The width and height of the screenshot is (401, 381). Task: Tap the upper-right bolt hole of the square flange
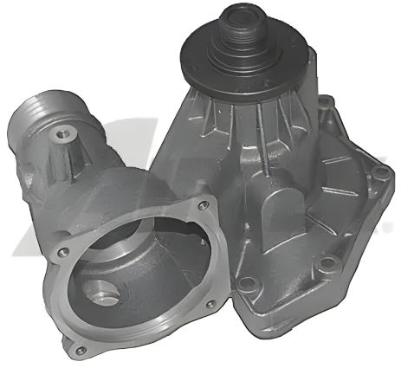click(x=204, y=205)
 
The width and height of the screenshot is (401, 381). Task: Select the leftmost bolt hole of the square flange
click(x=63, y=252)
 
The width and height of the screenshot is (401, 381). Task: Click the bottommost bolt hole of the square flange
click(x=81, y=350)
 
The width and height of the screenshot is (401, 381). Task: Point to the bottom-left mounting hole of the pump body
click(x=248, y=282)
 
